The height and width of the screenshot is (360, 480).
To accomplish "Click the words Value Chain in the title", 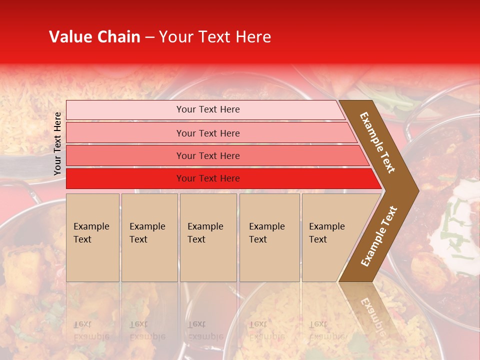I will [x=94, y=37].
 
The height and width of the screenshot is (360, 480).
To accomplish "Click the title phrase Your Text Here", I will [x=215, y=37].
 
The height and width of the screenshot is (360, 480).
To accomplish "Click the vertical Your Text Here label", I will [x=57, y=143].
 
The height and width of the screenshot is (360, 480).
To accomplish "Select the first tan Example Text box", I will [x=92, y=237].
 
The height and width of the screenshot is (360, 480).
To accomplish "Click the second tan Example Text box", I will [x=149, y=237].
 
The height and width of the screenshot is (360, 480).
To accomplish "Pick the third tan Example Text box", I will [x=208, y=237].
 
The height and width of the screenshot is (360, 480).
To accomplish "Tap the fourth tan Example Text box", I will [x=269, y=237].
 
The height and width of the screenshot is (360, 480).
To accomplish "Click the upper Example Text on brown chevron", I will [x=378, y=142].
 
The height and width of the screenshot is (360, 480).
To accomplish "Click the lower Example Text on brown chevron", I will [x=379, y=236].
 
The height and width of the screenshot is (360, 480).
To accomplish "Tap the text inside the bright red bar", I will [x=208, y=178].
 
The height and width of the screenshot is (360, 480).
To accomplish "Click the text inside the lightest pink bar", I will [x=208, y=109].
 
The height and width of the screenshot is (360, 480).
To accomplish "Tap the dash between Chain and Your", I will [x=149, y=37].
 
